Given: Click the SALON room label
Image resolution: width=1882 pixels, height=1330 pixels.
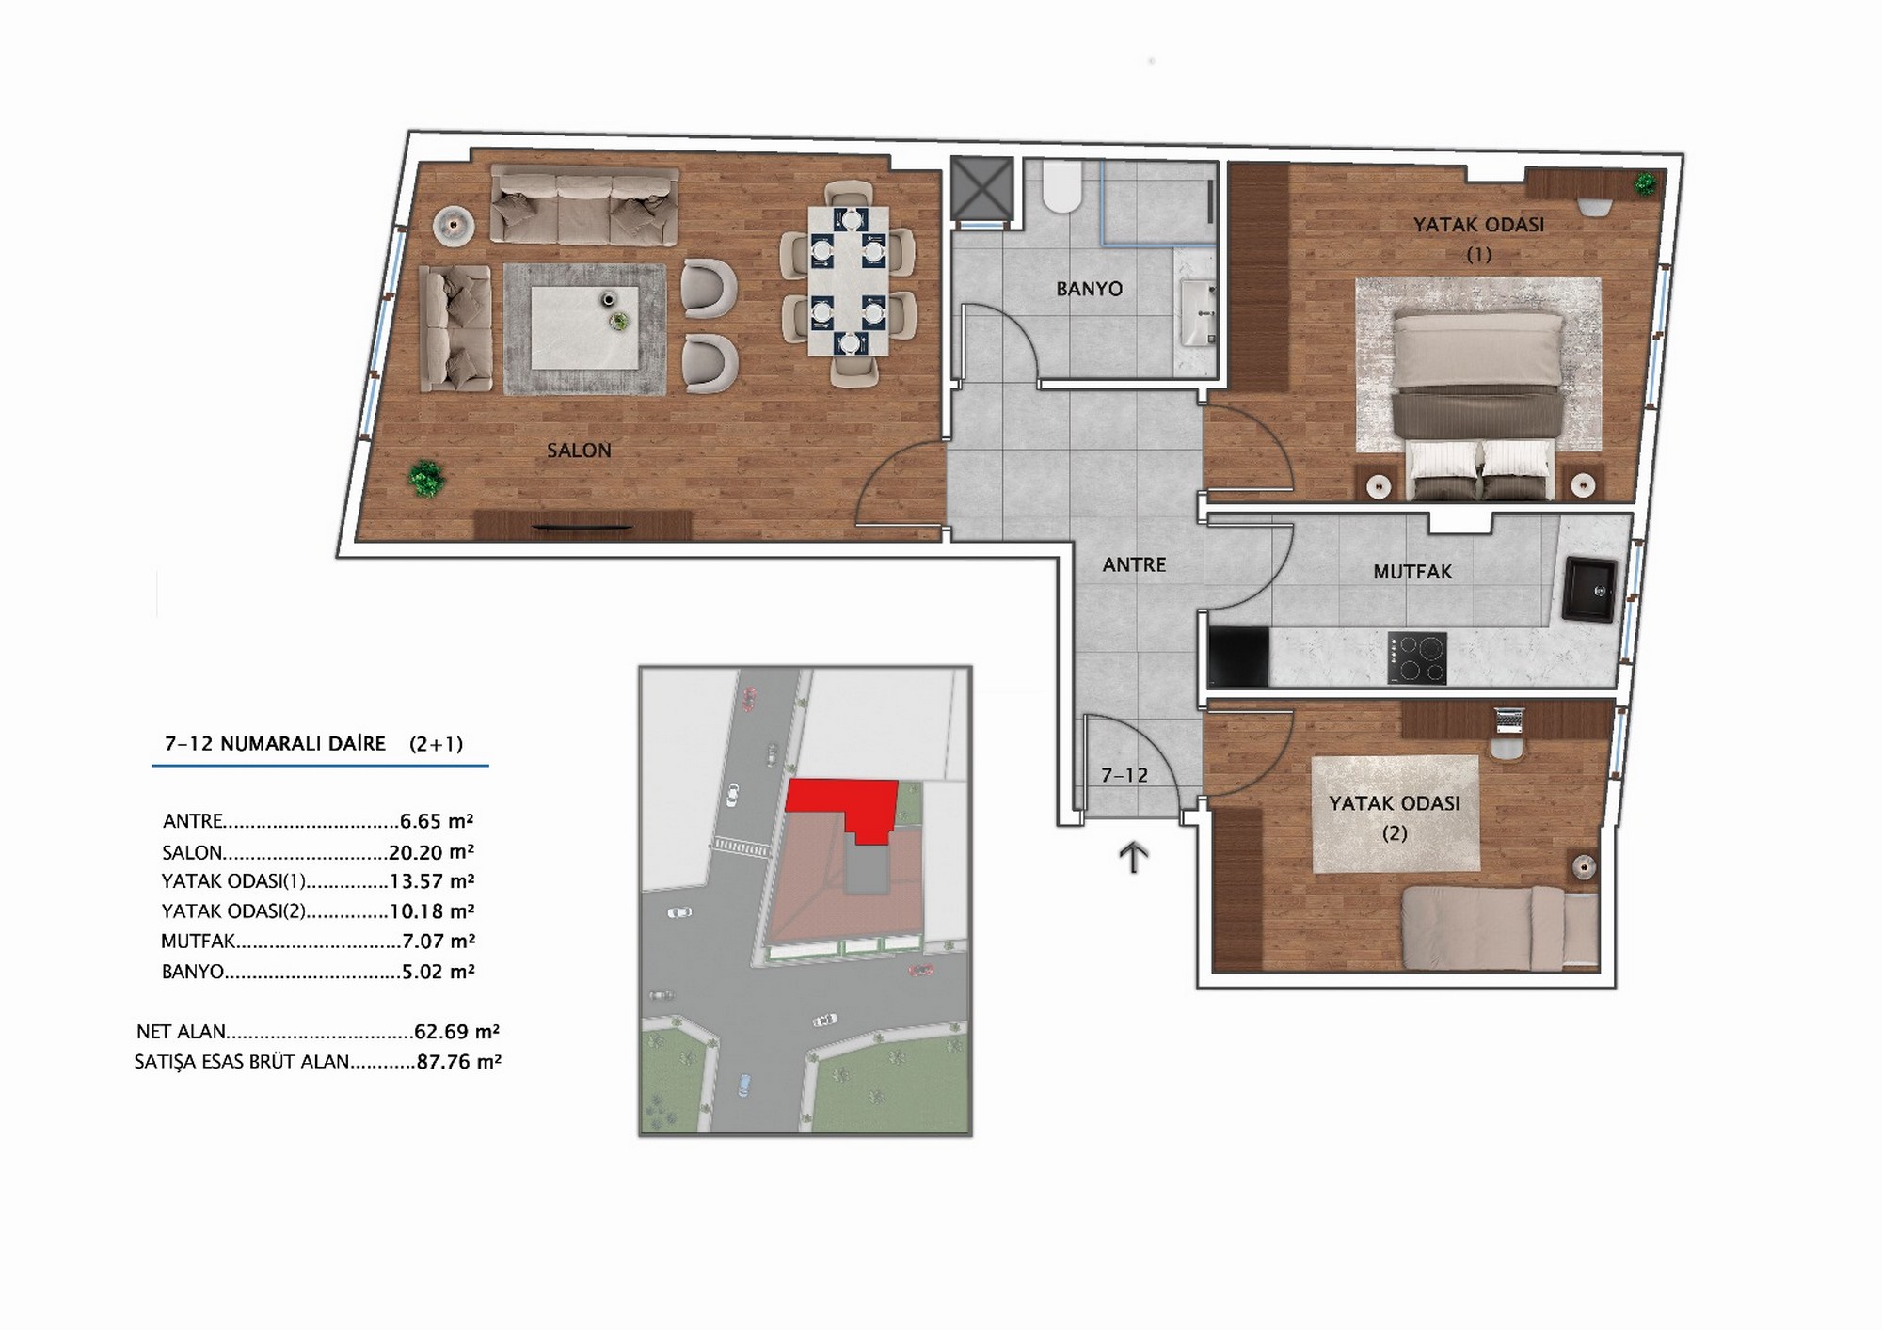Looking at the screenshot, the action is [579, 451].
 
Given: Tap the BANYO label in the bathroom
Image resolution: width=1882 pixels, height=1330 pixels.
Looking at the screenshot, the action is [1090, 289].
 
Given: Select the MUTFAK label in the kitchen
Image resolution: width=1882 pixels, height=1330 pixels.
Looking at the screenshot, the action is [1412, 572].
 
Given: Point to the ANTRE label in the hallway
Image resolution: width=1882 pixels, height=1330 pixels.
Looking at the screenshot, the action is [1134, 565].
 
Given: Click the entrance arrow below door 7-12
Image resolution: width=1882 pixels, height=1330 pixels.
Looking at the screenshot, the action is [1134, 858].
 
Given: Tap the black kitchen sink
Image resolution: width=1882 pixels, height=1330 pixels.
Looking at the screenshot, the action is [1589, 590].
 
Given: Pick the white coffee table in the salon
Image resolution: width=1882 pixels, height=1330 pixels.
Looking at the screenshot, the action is [584, 327].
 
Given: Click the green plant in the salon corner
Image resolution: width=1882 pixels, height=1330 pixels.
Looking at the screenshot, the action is [426, 478].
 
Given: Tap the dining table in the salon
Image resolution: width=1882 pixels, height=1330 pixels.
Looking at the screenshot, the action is [848, 281].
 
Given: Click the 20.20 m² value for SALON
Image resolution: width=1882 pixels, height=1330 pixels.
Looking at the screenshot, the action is [431, 853].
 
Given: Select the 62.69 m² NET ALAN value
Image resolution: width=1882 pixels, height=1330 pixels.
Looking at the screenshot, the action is [456, 1032].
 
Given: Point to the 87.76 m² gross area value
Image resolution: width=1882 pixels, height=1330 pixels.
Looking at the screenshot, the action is [458, 1063].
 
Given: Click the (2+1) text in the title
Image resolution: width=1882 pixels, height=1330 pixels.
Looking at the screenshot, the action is [436, 744].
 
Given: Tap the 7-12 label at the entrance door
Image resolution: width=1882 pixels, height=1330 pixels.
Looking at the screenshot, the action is [1124, 776].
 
